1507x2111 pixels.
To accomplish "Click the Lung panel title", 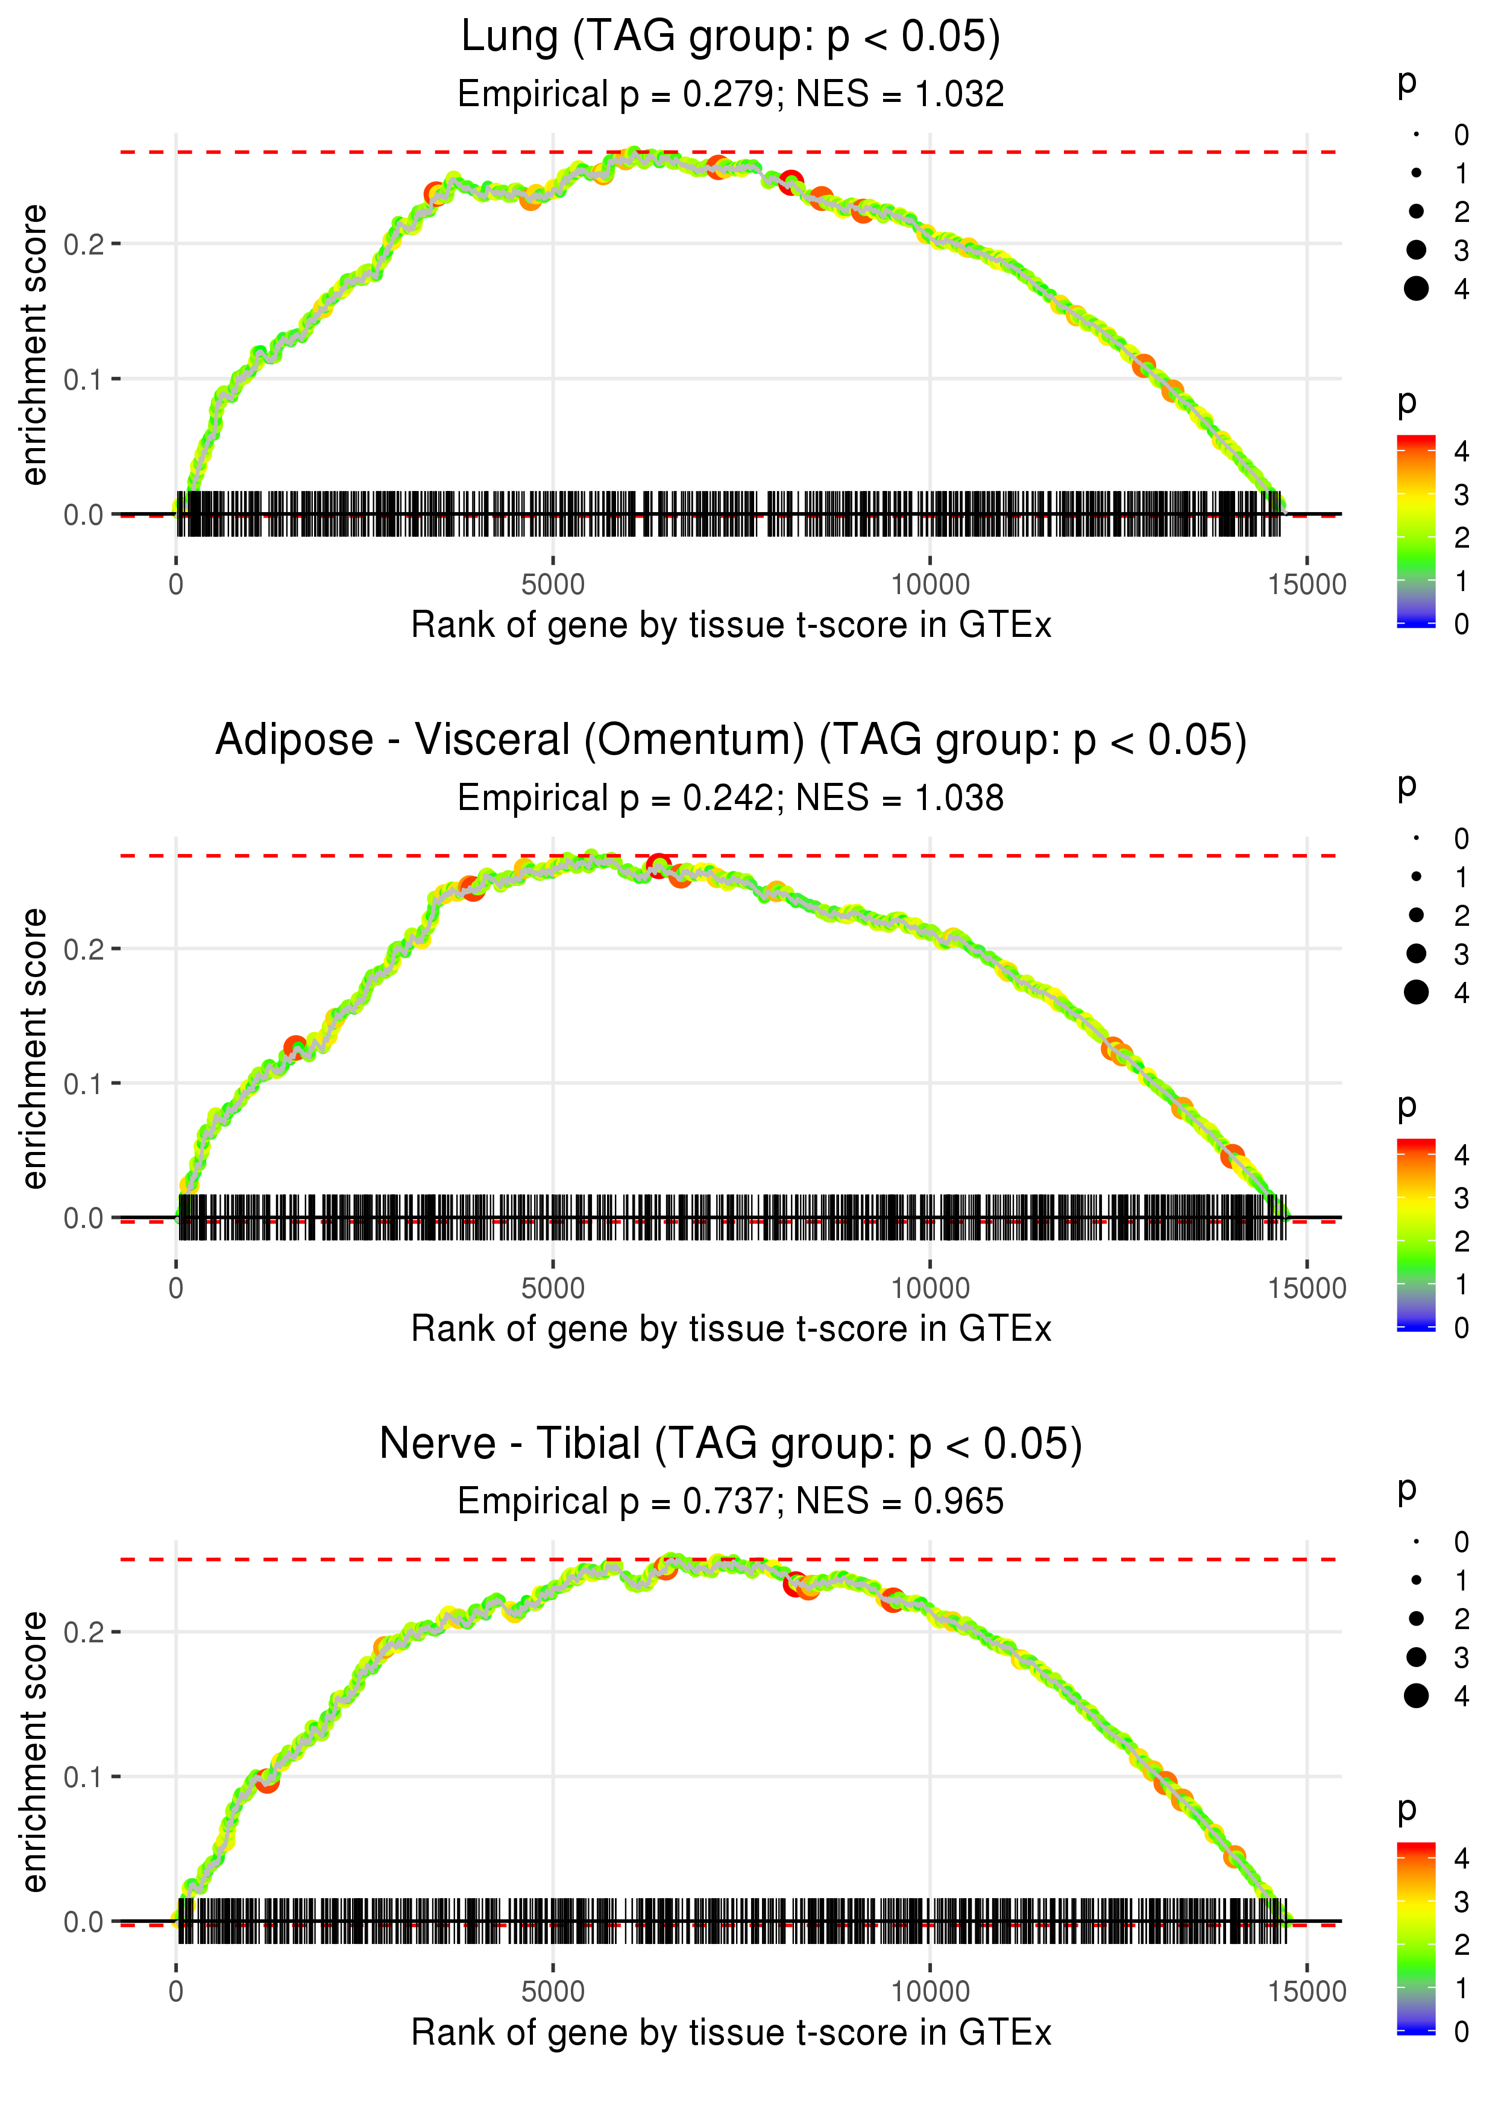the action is pos(731,37).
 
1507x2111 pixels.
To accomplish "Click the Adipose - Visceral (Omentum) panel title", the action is pos(731,741).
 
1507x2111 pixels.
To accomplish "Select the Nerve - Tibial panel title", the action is pos(731,1445).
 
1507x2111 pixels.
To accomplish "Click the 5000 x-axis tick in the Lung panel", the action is pos(553,585).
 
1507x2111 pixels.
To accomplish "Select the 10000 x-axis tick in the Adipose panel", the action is pos(930,1288).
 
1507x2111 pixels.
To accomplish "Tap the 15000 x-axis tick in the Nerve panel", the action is pos(1306,1992).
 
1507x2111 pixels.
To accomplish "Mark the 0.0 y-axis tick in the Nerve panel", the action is pos(84,1922).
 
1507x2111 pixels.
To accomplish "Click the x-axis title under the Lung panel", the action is pos(731,625).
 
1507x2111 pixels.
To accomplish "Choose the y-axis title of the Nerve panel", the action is pos(34,1752).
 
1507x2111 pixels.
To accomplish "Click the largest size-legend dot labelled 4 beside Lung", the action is pos(1416,289).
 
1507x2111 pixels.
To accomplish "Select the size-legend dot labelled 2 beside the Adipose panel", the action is pos(1416,916).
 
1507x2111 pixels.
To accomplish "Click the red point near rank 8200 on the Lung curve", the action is pos(791,182).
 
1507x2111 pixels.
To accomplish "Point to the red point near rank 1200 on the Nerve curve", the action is pos(267,1780).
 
